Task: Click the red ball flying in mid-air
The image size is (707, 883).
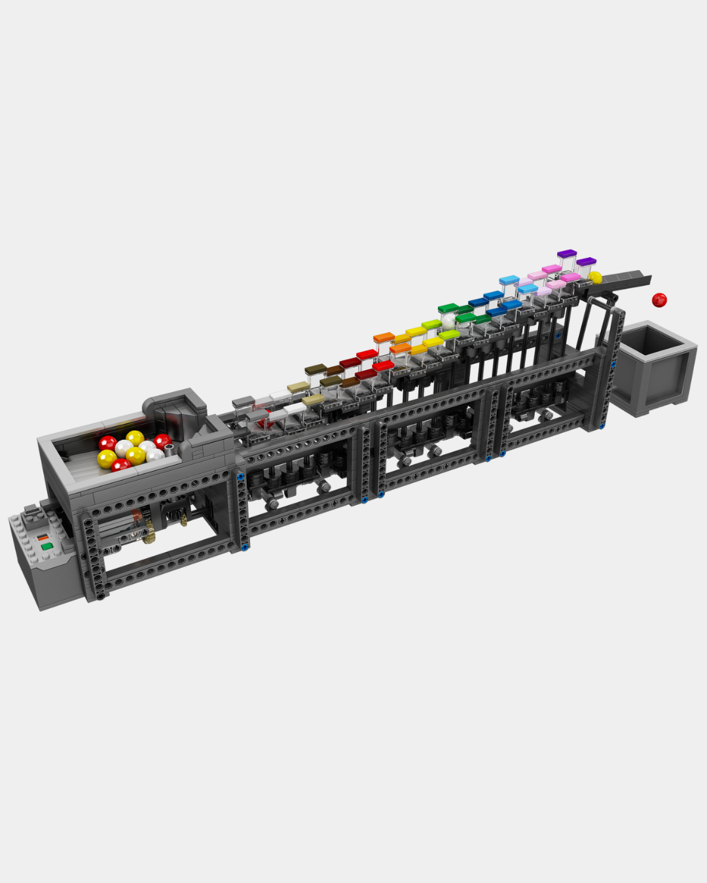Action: click(x=659, y=300)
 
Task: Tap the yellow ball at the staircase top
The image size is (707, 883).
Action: click(x=595, y=278)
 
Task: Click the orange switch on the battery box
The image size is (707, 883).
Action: click(x=43, y=537)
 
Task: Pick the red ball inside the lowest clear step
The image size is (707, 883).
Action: click(x=264, y=423)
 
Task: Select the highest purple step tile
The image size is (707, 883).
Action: click(x=567, y=253)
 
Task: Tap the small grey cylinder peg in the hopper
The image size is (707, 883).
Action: click(x=170, y=449)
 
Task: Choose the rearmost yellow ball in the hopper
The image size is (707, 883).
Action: click(x=135, y=438)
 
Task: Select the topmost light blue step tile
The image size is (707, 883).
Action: click(x=509, y=281)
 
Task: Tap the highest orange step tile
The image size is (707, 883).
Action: click(x=384, y=338)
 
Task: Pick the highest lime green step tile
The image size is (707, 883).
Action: click(x=431, y=324)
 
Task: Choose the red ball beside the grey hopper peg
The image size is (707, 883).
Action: click(x=162, y=441)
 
